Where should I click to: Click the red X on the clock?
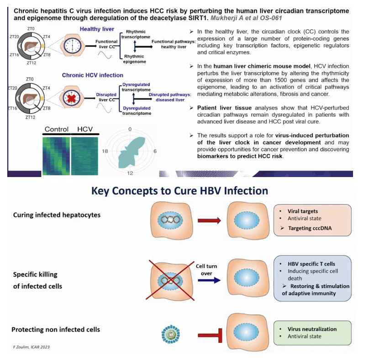(x=71, y=98)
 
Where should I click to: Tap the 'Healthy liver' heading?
(x=97, y=29)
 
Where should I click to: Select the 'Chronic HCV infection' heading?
(x=93, y=75)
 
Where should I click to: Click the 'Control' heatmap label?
(x=57, y=129)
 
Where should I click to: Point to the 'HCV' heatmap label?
(x=85, y=129)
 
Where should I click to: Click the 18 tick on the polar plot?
(x=105, y=151)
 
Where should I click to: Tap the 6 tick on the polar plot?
(x=155, y=151)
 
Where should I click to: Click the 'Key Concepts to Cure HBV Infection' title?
(x=179, y=191)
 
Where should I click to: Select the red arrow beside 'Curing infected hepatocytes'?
(x=209, y=220)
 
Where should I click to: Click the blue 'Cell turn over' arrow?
(x=209, y=280)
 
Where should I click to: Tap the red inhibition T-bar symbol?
(x=210, y=335)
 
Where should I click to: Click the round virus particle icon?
(x=171, y=334)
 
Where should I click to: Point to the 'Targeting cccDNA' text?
(x=310, y=228)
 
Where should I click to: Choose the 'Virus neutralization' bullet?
(x=312, y=329)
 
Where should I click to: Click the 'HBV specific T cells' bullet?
(x=311, y=264)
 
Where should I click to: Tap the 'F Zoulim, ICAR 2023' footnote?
(x=32, y=347)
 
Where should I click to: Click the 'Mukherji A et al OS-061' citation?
(x=246, y=18)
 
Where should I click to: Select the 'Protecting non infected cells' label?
(x=56, y=329)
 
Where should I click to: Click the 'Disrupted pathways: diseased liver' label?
(x=170, y=97)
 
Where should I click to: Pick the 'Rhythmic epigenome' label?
(x=134, y=59)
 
